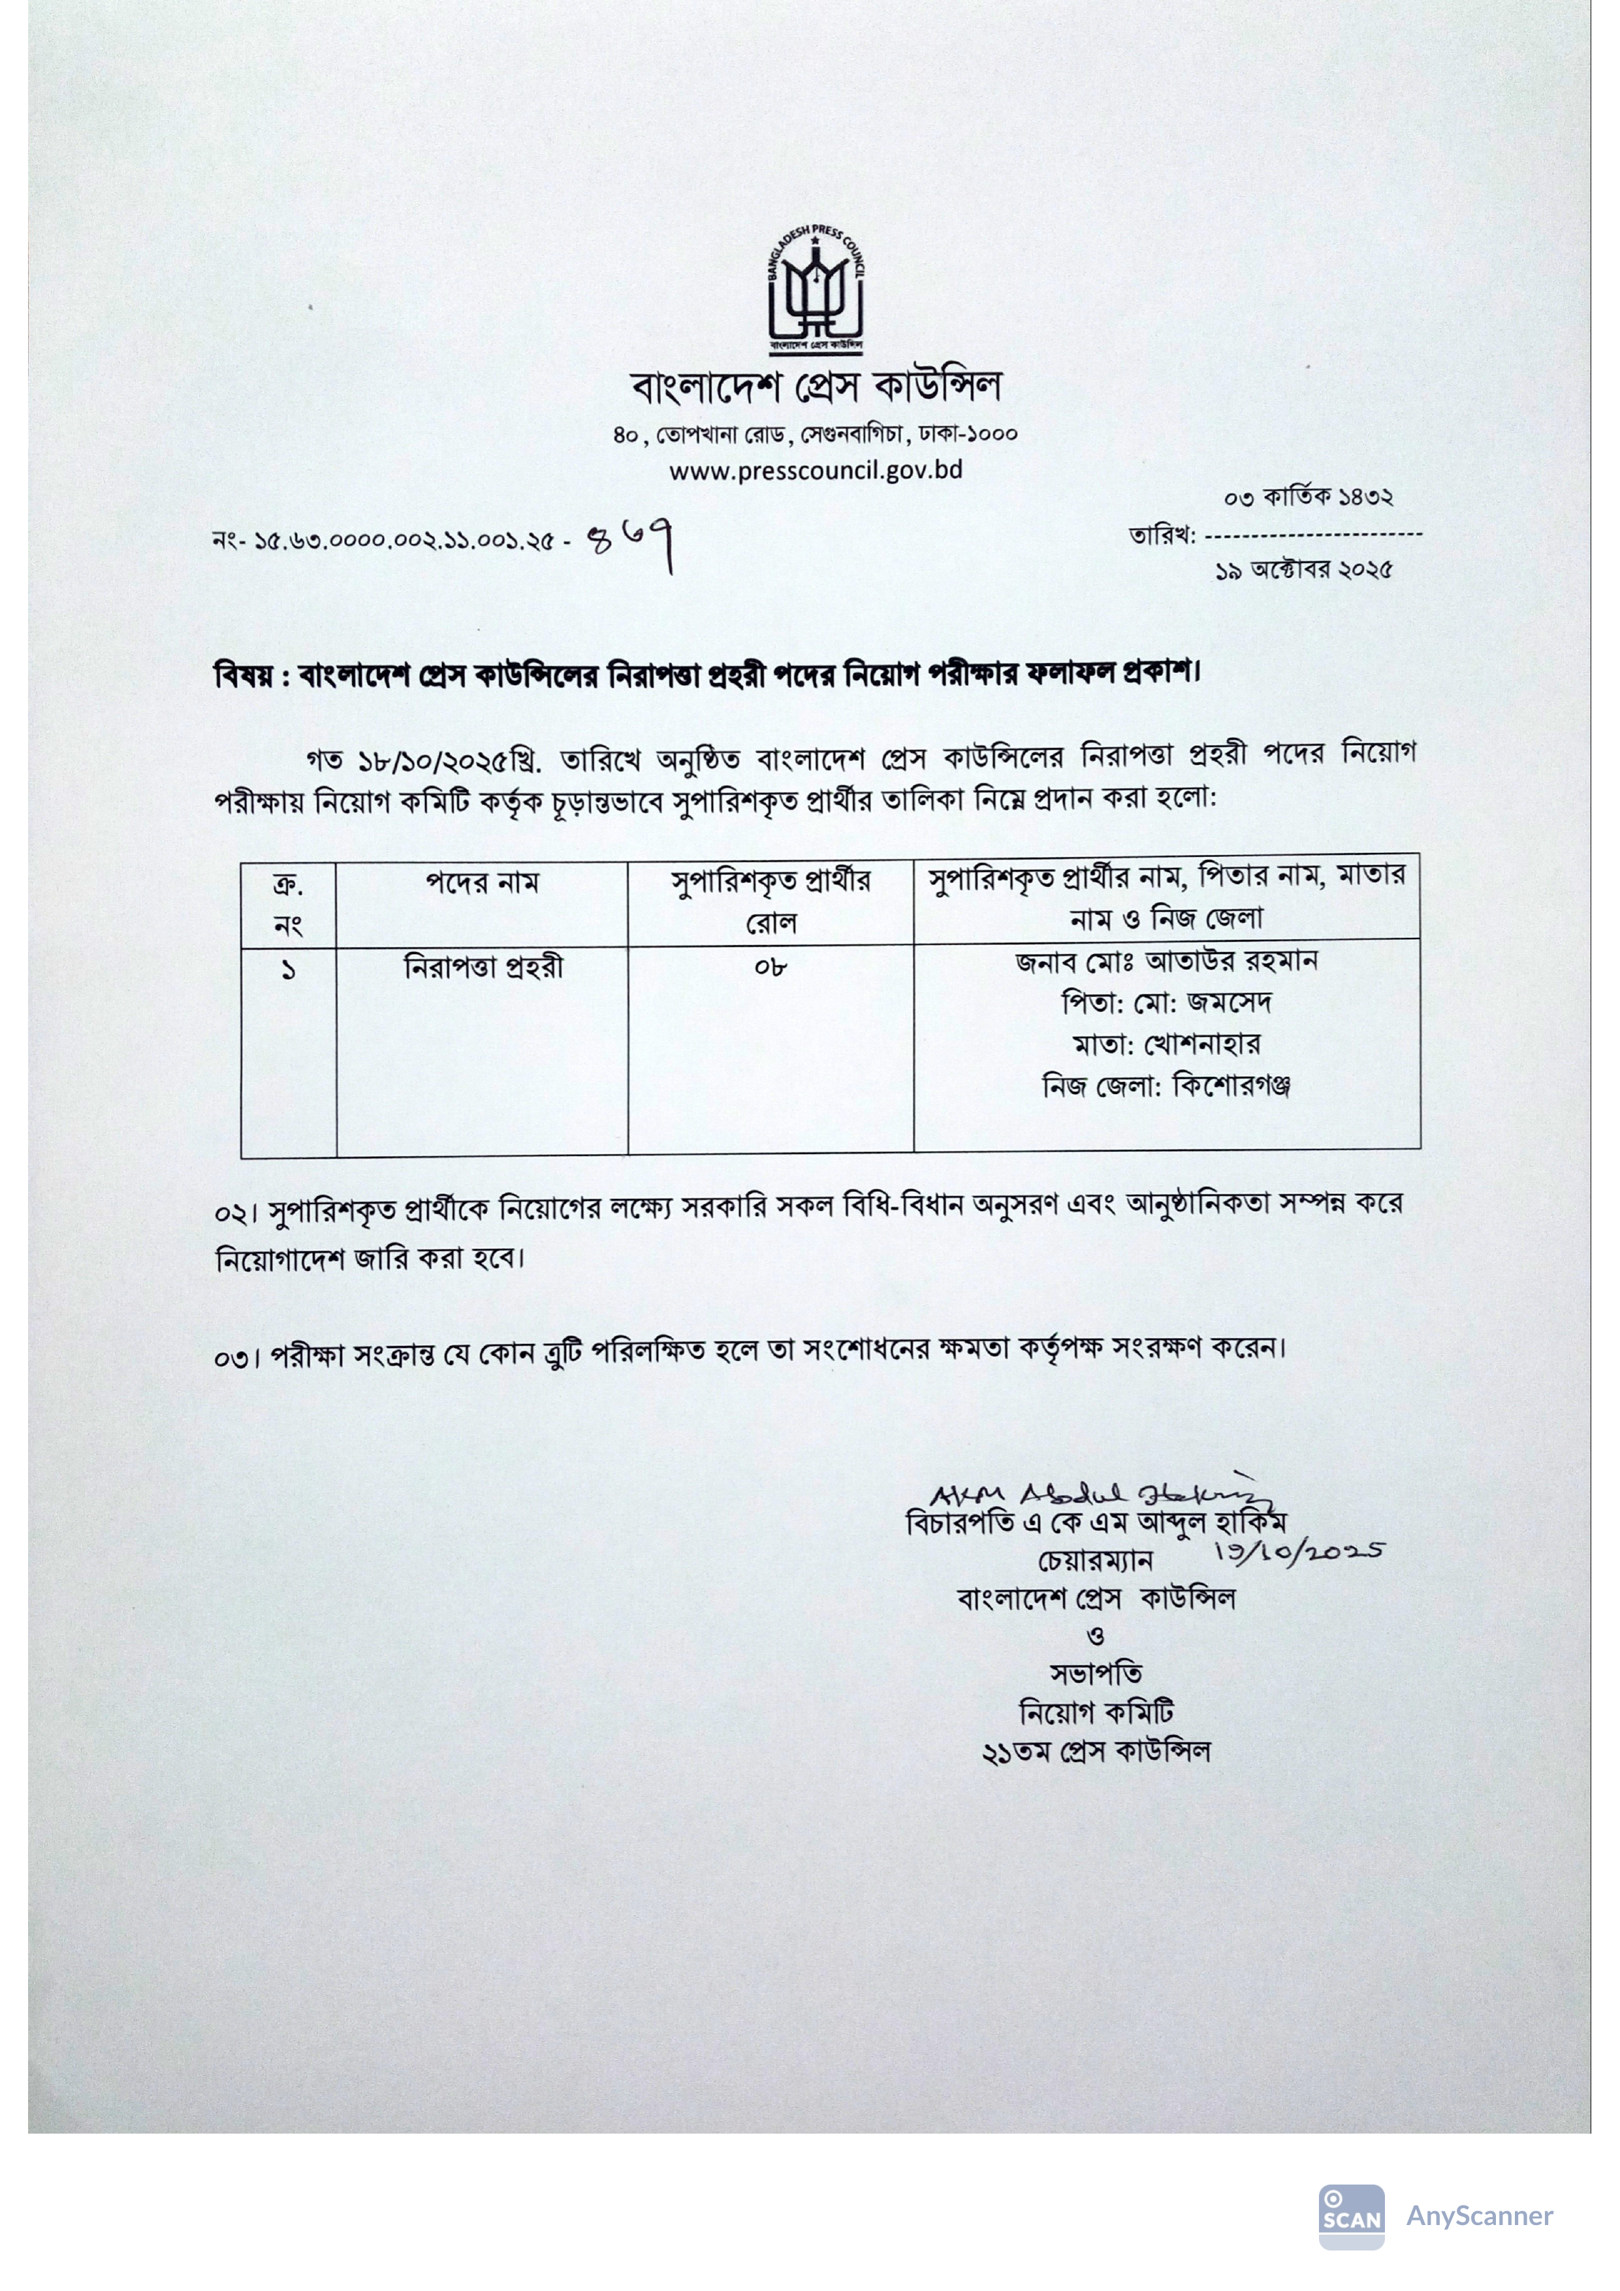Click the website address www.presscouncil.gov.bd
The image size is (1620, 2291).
point(815,470)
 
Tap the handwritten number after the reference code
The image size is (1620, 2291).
point(635,545)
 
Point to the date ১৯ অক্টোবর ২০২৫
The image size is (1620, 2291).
point(1304,571)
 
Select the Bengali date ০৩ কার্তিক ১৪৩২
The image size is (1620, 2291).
point(1308,497)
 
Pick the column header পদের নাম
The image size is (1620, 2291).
point(482,883)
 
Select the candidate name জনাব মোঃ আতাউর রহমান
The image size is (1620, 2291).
point(1166,962)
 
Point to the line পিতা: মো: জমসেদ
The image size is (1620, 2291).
point(1166,1003)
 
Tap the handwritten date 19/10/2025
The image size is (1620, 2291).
point(1299,1554)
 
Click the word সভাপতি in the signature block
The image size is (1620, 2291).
point(1095,1673)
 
